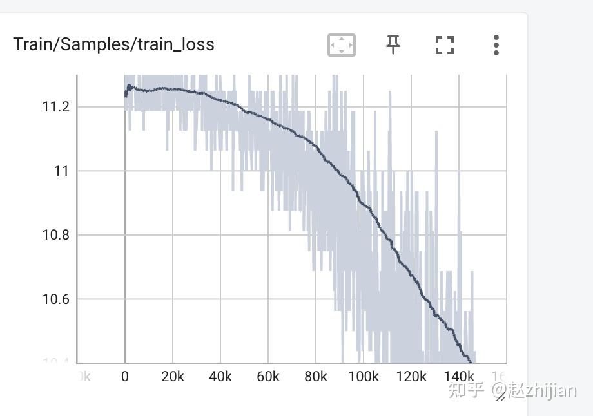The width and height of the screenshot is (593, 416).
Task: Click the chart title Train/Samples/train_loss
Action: click(x=113, y=44)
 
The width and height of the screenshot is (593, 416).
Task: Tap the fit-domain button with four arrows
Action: click(x=342, y=45)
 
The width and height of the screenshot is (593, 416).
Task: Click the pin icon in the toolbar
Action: click(x=393, y=44)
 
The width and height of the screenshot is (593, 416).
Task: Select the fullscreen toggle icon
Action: click(x=445, y=45)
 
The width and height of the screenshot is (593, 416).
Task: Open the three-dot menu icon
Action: click(x=496, y=45)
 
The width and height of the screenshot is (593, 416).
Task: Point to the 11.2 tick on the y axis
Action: click(x=55, y=107)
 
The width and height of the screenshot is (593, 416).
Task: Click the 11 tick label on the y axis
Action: click(x=61, y=171)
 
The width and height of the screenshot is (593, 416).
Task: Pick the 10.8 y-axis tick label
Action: click(x=55, y=235)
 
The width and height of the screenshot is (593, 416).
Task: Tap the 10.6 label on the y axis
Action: click(x=55, y=299)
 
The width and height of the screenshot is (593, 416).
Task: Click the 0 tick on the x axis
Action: click(x=125, y=377)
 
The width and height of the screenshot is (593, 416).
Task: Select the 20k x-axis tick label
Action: click(x=172, y=377)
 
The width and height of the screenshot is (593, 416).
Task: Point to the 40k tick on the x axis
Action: click(x=220, y=377)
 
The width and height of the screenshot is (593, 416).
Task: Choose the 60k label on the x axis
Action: click(x=267, y=377)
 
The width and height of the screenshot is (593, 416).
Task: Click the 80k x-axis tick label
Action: click(x=315, y=377)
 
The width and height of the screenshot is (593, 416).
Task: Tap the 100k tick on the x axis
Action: click(x=363, y=377)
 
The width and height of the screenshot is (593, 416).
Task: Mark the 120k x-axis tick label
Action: click(x=411, y=377)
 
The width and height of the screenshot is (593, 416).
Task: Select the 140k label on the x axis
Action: click(x=458, y=377)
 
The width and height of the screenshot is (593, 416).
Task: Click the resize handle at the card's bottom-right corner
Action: click(x=500, y=397)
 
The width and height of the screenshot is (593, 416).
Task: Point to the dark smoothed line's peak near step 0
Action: click(x=129, y=85)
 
